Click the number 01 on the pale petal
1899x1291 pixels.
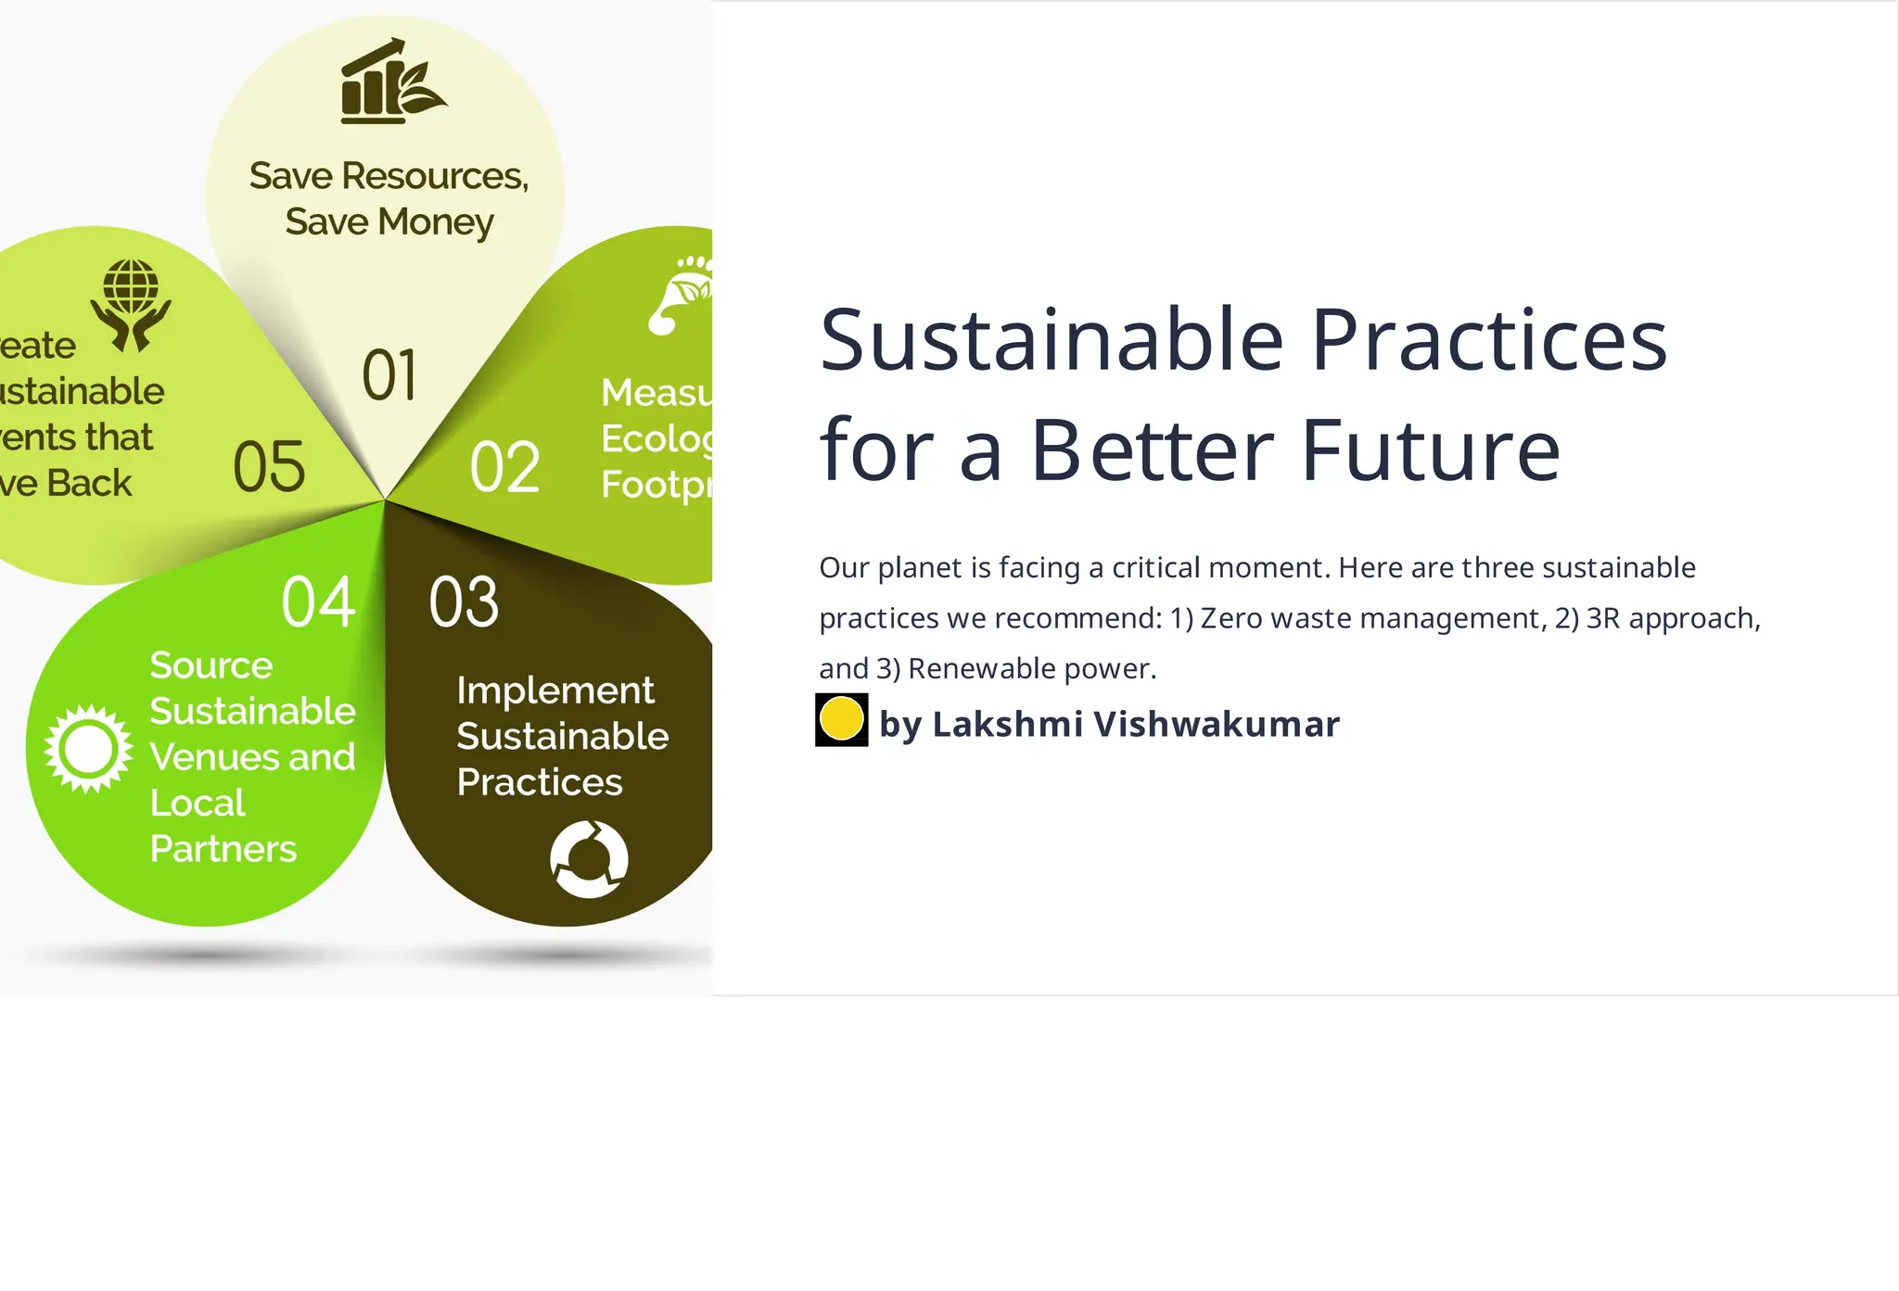389,375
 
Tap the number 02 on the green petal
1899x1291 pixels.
505,467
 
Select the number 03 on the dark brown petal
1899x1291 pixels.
464,602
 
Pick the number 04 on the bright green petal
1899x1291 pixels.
318,602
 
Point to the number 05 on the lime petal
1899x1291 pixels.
269,466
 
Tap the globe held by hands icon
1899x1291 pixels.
131,305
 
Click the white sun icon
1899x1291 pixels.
88,748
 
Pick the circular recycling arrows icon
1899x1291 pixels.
589,859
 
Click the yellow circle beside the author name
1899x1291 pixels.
842,719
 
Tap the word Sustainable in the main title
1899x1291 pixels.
1051,340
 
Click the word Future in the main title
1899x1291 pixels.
1431,451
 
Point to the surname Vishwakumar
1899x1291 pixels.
1217,724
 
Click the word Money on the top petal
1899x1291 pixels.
436,222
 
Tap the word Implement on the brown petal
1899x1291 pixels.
555,690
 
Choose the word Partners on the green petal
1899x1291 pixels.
223,849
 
